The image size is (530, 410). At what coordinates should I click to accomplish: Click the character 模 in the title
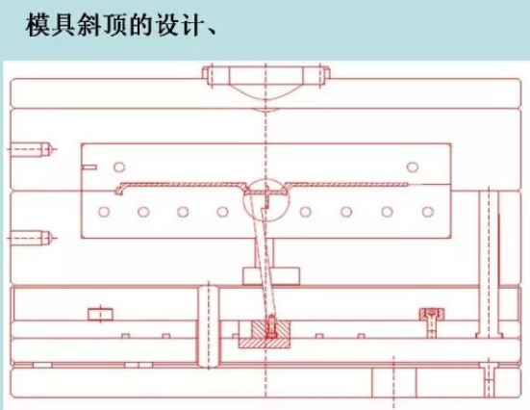[x=38, y=25]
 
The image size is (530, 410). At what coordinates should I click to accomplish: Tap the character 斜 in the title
[x=89, y=25]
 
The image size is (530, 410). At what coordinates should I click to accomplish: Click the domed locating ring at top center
[x=266, y=81]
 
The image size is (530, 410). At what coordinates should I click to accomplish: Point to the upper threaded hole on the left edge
[x=31, y=149]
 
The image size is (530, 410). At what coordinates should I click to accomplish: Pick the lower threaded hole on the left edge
[x=31, y=238]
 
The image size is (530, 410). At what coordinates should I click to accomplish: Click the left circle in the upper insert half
[x=119, y=167]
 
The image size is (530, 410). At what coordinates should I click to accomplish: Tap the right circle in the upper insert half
[x=413, y=167]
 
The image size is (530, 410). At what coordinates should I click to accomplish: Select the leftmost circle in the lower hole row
[x=104, y=212]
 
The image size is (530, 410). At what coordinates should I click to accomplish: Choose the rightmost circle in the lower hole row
[x=428, y=212]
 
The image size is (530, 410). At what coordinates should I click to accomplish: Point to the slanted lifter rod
[x=263, y=257]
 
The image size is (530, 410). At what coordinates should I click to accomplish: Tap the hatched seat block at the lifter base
[x=265, y=343]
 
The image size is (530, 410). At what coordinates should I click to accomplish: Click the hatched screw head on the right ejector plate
[x=432, y=315]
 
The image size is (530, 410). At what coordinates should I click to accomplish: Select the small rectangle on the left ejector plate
[x=100, y=315]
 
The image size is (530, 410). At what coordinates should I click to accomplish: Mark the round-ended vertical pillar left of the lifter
[x=208, y=327]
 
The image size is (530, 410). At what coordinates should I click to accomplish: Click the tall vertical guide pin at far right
[x=489, y=264]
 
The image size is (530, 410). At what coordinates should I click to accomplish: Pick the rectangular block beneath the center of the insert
[x=271, y=276]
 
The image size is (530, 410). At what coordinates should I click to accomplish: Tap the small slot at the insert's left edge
[x=89, y=167]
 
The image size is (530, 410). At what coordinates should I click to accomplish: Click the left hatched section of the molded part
[x=183, y=185]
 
